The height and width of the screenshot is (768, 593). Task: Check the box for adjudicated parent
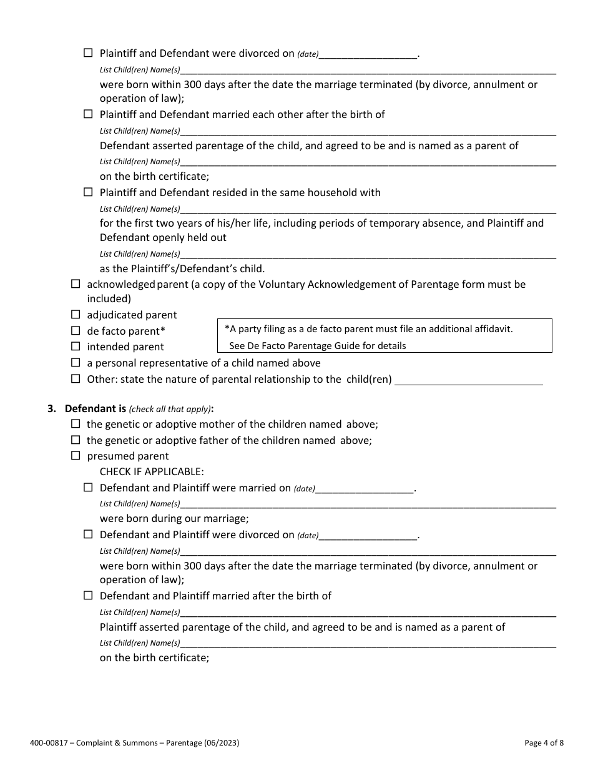[x=76, y=315]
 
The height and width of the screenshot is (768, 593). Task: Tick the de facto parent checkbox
[x=76, y=330]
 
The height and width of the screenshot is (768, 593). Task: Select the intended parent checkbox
[x=76, y=346]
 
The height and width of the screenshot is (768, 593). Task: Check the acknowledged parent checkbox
[x=76, y=283]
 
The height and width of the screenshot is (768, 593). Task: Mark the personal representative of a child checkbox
[x=76, y=362]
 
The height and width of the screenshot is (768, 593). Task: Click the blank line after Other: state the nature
[x=469, y=380]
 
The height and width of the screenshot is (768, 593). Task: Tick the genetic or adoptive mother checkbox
[x=76, y=423]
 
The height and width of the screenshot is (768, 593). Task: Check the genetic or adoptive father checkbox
[x=76, y=440]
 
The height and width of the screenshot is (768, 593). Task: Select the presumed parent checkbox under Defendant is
[x=76, y=455]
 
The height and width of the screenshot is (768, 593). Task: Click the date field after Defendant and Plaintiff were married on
[x=365, y=488]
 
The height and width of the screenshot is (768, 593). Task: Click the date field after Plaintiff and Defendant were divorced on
[x=368, y=54]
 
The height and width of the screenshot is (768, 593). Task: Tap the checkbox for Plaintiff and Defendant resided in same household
[x=88, y=192]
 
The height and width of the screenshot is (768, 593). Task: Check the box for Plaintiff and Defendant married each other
[x=88, y=114]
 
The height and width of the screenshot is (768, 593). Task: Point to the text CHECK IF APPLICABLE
[x=152, y=471]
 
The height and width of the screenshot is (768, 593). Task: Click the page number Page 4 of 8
[x=544, y=743]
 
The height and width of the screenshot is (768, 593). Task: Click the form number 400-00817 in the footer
[x=48, y=743]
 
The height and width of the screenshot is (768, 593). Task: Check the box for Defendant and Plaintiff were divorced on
[x=88, y=534]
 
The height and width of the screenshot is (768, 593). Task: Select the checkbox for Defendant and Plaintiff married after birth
[x=88, y=595]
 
